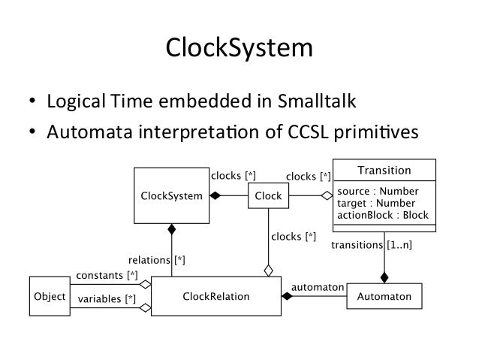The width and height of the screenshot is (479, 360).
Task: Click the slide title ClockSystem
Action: click(239, 49)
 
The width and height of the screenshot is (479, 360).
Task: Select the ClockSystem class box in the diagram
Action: click(171, 195)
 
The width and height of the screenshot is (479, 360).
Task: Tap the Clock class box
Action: click(268, 196)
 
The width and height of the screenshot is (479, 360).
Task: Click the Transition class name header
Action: click(384, 171)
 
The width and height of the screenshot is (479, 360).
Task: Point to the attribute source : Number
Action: click(377, 191)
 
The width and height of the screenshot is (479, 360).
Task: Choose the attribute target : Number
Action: click(377, 202)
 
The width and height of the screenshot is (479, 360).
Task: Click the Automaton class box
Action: click(384, 297)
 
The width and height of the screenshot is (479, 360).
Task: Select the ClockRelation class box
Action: click(215, 297)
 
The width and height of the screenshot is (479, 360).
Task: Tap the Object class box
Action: click(50, 297)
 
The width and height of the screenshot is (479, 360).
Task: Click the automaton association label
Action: click(317, 286)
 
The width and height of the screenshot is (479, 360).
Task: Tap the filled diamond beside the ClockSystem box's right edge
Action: click(215, 196)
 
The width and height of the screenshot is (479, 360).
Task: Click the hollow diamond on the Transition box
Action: click(327, 196)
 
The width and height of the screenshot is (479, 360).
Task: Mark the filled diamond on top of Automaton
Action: click(384, 276)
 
